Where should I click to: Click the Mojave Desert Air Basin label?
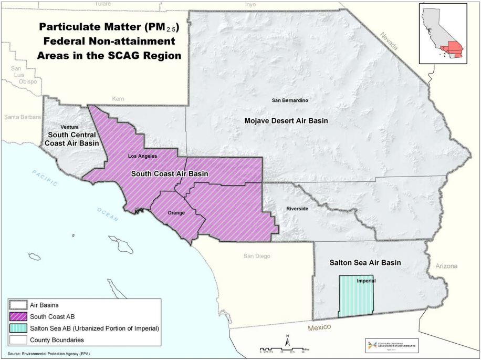coord(286,121)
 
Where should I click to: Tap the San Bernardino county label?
coord(289,100)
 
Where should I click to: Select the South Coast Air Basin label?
coord(169,174)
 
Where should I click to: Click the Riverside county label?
coord(297,209)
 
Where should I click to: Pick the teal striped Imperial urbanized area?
coord(355,297)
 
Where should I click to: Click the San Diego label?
coord(256,256)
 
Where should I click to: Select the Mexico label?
coord(320,327)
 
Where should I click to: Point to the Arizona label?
coord(446,266)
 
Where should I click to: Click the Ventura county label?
coord(70,127)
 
